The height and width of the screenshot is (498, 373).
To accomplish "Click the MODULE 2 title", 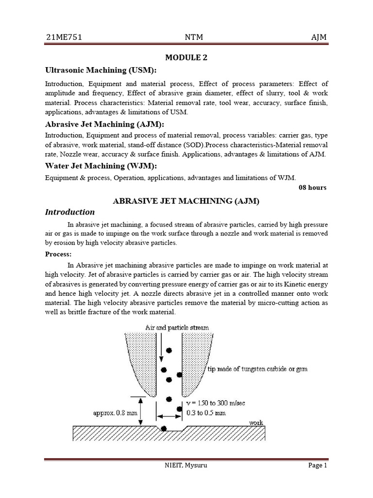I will (x=186, y=57).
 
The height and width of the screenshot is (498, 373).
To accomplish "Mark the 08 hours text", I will (x=313, y=187).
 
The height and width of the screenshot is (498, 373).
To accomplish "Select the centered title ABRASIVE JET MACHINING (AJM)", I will (x=186, y=201).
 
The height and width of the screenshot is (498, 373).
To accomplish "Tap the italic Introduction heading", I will (x=70, y=213).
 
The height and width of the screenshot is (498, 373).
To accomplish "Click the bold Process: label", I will (x=58, y=254).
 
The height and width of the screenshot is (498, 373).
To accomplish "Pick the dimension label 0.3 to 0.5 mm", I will (x=206, y=413).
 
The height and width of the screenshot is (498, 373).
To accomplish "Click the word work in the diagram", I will (x=256, y=423).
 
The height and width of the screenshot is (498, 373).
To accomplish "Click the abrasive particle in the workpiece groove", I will (x=164, y=428).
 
